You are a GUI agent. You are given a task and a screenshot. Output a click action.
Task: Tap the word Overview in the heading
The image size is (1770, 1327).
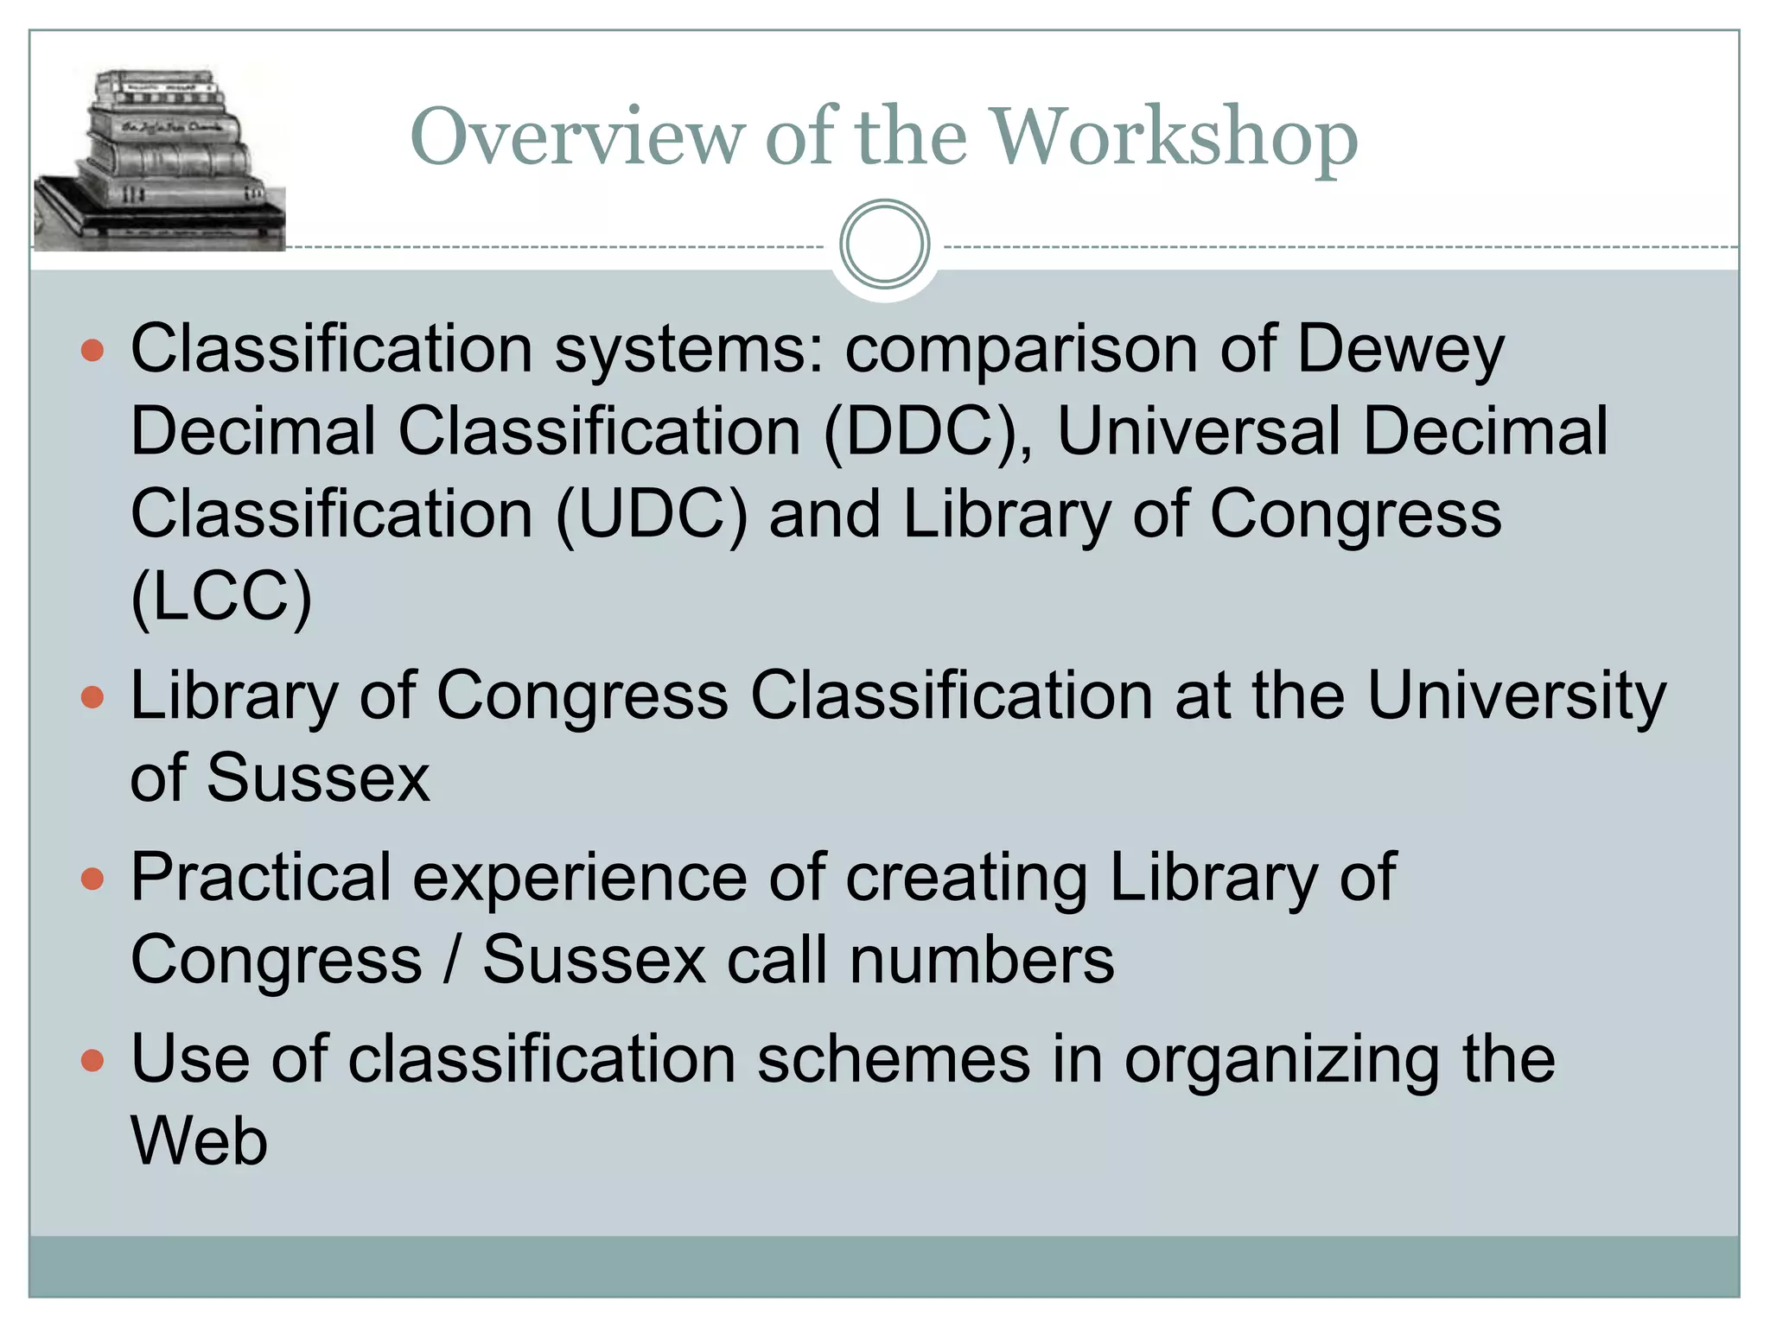point(576,138)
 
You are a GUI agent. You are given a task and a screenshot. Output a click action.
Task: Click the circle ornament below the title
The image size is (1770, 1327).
point(884,244)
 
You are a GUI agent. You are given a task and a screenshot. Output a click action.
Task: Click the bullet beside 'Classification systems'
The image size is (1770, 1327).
point(92,351)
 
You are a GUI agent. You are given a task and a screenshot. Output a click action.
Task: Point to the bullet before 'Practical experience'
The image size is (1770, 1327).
point(92,879)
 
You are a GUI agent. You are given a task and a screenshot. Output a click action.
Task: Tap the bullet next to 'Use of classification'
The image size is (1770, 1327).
point(92,1060)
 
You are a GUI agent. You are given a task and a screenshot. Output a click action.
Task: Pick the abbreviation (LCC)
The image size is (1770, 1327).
point(221,597)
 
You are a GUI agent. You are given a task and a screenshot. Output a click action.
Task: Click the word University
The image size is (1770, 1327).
point(1516,696)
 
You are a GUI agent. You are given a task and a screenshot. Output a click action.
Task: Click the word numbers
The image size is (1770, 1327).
point(982,961)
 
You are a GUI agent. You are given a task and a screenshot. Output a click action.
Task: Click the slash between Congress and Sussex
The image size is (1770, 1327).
point(451,961)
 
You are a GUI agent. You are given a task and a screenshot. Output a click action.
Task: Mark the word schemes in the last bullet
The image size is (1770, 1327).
point(894,1060)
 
